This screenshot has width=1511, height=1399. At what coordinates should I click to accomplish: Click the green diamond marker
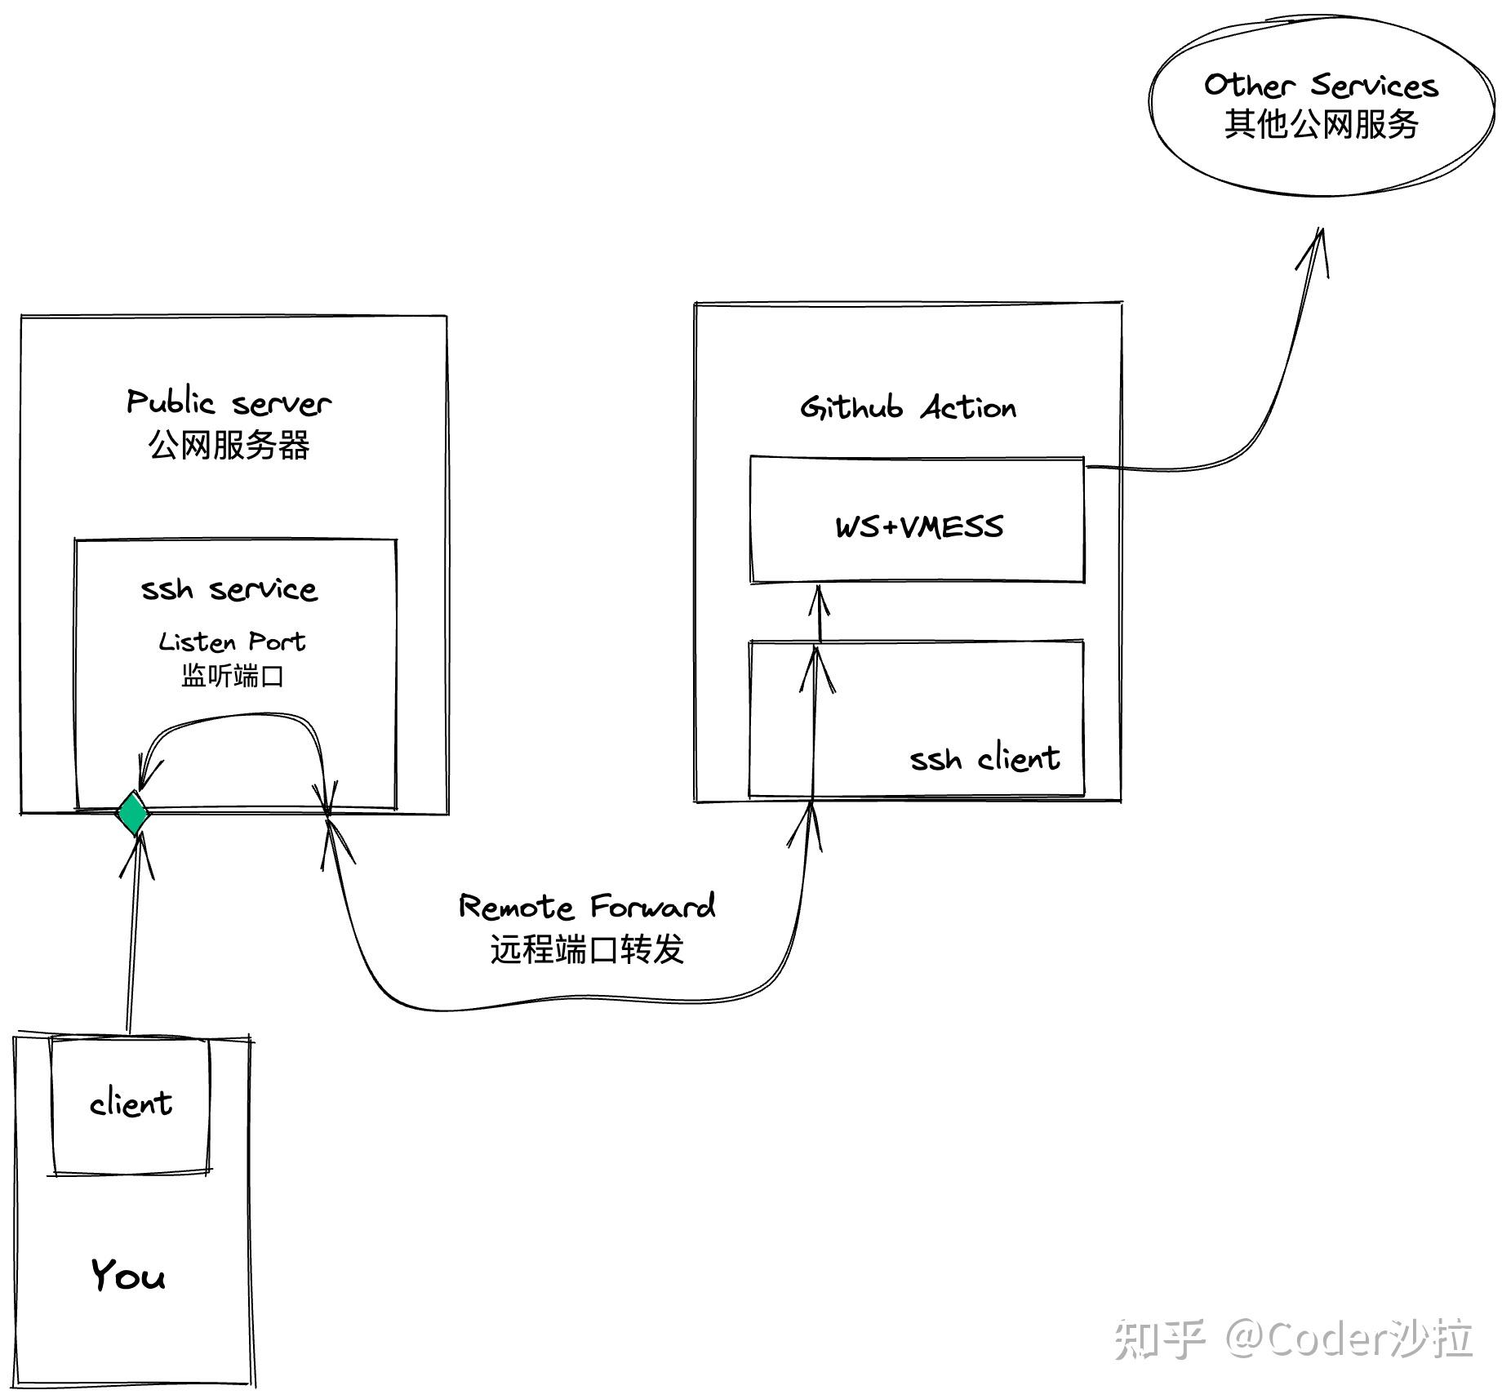click(132, 813)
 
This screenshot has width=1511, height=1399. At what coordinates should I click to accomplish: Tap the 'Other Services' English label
click(1321, 85)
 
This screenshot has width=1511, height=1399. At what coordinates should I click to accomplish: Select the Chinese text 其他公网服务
click(1321, 124)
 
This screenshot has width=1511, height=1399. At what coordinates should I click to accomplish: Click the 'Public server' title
click(229, 402)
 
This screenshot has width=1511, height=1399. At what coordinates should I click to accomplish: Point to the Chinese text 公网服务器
click(229, 446)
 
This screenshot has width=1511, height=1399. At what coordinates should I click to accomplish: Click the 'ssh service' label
click(229, 588)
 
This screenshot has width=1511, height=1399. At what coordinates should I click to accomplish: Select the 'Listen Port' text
click(232, 642)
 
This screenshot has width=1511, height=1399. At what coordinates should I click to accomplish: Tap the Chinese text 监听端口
click(232, 676)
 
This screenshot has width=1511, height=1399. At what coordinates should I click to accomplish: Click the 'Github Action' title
click(908, 406)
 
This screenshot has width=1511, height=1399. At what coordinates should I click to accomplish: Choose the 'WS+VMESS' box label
click(919, 526)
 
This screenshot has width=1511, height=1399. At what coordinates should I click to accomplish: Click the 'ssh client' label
click(984, 758)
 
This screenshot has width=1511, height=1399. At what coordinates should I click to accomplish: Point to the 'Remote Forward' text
click(586, 906)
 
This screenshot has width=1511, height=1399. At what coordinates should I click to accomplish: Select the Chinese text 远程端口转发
click(586, 949)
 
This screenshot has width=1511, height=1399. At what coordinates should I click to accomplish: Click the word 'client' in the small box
click(131, 1104)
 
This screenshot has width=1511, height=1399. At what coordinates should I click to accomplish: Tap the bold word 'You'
click(127, 1274)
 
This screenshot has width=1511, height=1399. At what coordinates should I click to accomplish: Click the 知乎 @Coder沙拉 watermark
click(1293, 1339)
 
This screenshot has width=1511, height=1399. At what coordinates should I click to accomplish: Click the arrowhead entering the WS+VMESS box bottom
click(820, 600)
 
